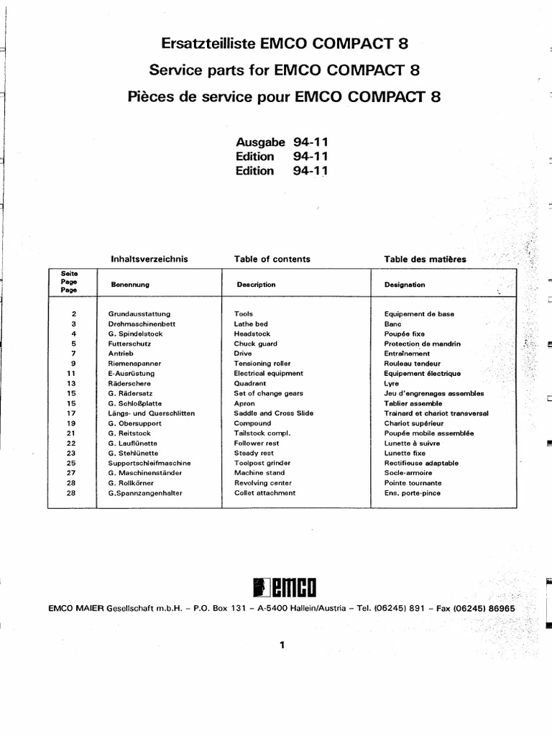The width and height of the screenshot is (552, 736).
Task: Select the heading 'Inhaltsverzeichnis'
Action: pyautogui.click(x=149, y=259)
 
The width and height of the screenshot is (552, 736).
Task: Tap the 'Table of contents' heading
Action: pyautogui.click(x=272, y=259)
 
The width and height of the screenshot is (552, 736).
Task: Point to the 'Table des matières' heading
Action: pyautogui.click(x=425, y=259)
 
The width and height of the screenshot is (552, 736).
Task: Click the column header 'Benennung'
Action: pyautogui.click(x=129, y=285)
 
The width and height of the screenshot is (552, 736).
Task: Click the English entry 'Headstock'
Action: pyautogui.click(x=251, y=334)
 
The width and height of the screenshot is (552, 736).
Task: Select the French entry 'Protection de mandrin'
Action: pyautogui.click(x=423, y=344)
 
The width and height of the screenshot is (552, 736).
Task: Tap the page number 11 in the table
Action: pyautogui.click(x=70, y=374)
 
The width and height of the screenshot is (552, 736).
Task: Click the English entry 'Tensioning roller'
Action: pyautogui.click(x=262, y=364)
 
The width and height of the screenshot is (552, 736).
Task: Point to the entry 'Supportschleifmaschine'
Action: pyautogui.click(x=149, y=464)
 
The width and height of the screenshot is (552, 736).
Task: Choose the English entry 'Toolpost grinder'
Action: pyautogui.click(x=262, y=464)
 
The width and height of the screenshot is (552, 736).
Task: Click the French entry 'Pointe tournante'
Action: pyautogui.click(x=413, y=483)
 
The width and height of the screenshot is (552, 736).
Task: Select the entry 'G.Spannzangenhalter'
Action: pyautogui.click(x=144, y=493)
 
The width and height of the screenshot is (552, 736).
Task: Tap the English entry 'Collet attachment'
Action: pyautogui.click(x=264, y=493)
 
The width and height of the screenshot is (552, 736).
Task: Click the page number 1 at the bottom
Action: pyautogui.click(x=282, y=645)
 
